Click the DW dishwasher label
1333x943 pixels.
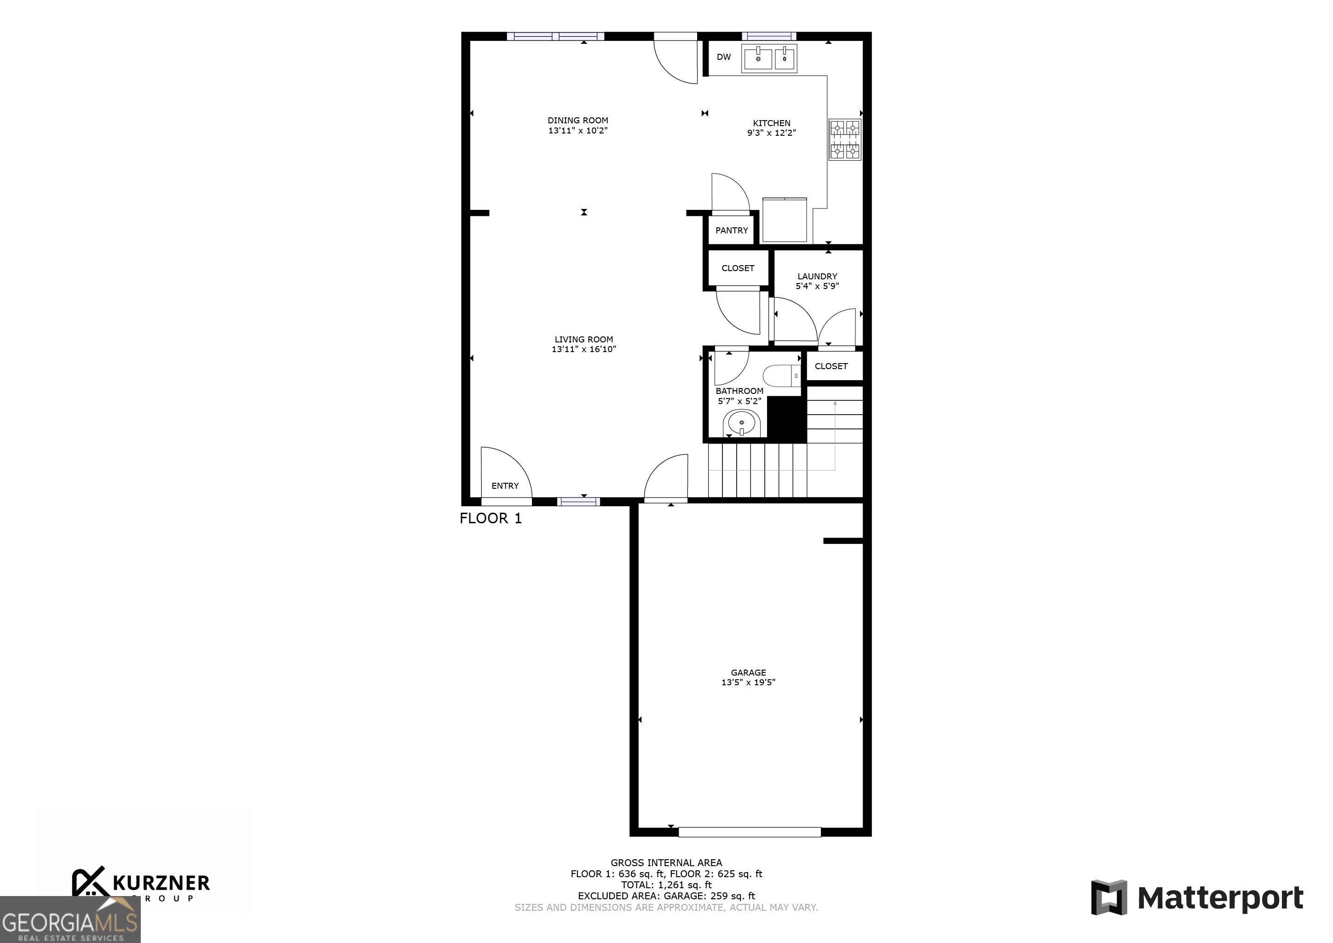coord(723,57)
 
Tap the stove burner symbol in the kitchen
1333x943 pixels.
coord(844,139)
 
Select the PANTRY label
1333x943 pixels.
coord(732,231)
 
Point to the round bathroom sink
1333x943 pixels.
coord(741,423)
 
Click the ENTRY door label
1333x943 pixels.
coord(504,486)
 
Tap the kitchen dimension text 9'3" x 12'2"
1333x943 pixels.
coord(771,133)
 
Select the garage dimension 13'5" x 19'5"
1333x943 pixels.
coord(748,682)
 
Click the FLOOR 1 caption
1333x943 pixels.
coord(490,518)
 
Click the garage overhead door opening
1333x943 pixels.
coord(749,832)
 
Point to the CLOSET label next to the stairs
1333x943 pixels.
coord(831,366)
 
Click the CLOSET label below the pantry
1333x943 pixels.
coord(737,268)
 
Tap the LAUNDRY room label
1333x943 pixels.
coord(817,277)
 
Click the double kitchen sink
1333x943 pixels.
coord(769,58)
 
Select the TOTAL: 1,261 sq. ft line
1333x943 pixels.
coord(666,885)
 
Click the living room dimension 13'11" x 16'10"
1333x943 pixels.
coord(583,349)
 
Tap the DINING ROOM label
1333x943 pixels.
coord(577,120)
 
